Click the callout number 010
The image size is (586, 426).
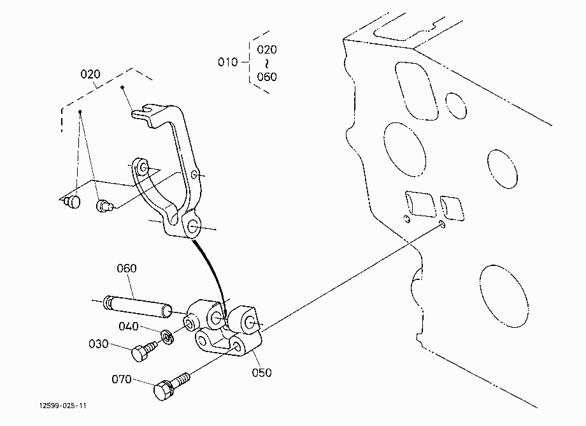(x=227, y=62)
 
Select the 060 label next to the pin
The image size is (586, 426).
(x=127, y=268)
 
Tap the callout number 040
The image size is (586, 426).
(x=129, y=326)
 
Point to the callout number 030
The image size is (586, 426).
(x=98, y=344)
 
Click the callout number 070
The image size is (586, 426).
(x=122, y=379)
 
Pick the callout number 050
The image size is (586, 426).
(x=262, y=372)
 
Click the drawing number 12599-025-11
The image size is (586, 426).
(x=63, y=406)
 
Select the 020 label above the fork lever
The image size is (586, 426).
(x=90, y=74)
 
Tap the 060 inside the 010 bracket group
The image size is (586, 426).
(x=267, y=77)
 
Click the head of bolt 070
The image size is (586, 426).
(x=162, y=390)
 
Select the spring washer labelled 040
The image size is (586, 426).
(x=169, y=337)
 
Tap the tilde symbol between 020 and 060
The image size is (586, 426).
(x=267, y=63)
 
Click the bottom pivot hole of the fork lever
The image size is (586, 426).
(x=193, y=226)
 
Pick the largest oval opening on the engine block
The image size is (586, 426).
(x=504, y=295)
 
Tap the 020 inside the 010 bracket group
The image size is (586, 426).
(x=267, y=49)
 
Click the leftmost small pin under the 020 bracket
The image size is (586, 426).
(x=72, y=202)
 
